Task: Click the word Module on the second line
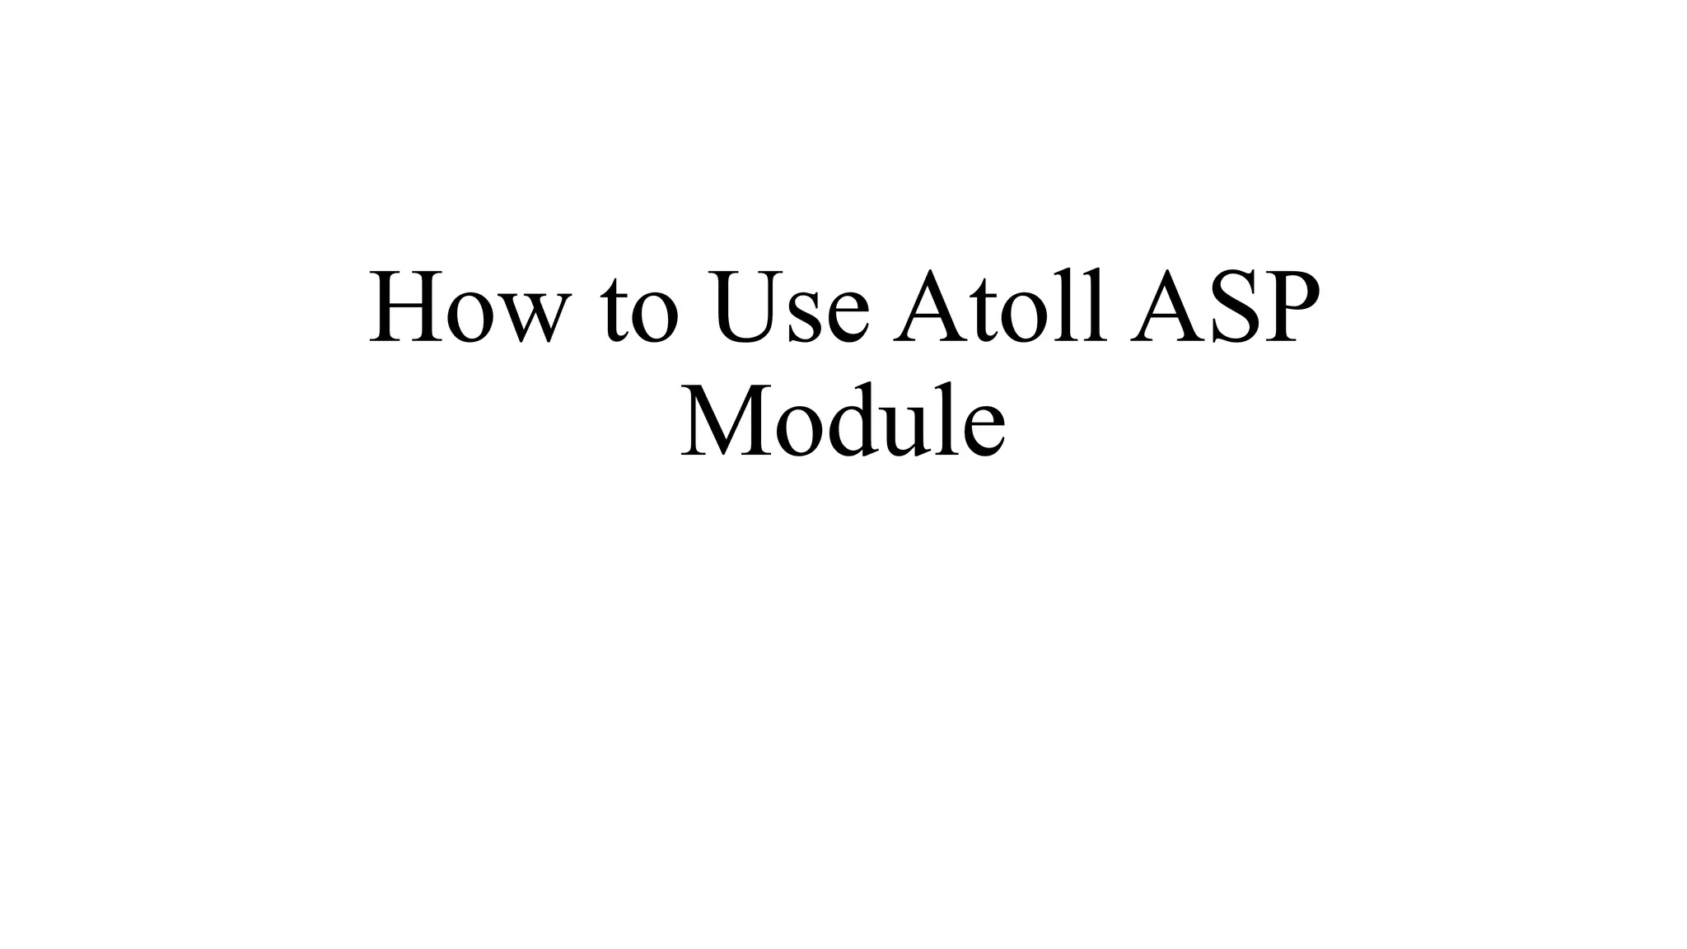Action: click(x=843, y=420)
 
